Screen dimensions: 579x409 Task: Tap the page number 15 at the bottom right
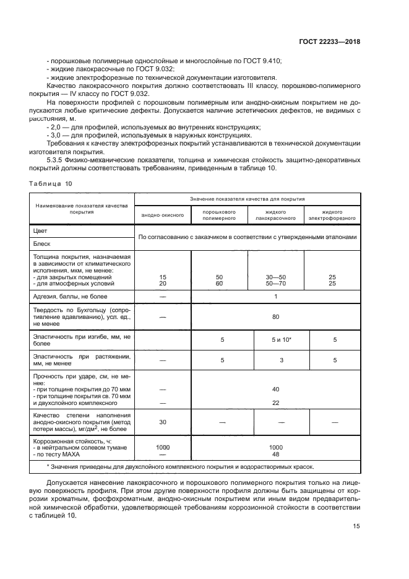pyautogui.click(x=356, y=526)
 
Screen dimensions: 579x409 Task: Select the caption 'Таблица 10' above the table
pyautogui.click(x=51, y=183)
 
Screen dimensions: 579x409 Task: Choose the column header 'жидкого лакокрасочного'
pyautogui.click(x=275, y=215)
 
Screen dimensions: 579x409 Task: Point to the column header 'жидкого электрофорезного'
pyautogui.click(x=332, y=215)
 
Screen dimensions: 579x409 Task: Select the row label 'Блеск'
pyautogui.click(x=43, y=243)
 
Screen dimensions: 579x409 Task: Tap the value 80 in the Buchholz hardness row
pyautogui.click(x=275, y=316)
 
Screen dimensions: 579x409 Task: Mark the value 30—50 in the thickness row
pyautogui.click(x=275, y=277)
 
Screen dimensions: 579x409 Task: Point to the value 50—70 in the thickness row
pyautogui.click(x=275, y=284)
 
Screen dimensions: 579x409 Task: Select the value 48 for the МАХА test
pyautogui.click(x=275, y=453)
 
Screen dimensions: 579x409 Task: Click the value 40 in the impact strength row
pyautogui.click(x=275, y=389)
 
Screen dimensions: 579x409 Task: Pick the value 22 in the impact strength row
pyautogui.click(x=275, y=403)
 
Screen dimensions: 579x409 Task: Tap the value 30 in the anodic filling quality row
pyautogui.click(x=163, y=422)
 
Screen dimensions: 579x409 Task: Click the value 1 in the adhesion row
pyautogui.click(x=275, y=297)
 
